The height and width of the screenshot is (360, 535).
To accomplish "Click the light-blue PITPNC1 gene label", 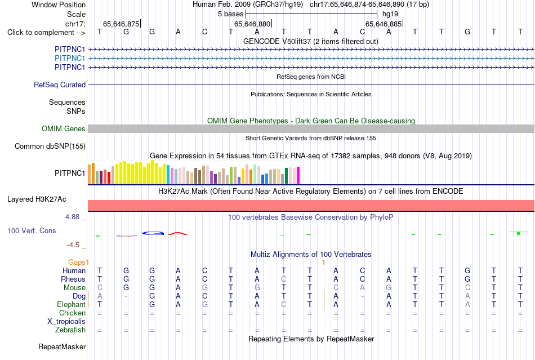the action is click(70, 59).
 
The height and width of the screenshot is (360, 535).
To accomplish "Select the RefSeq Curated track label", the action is click(60, 85).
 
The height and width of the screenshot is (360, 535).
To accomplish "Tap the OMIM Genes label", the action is click(64, 128).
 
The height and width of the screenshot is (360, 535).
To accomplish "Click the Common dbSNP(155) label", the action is click(50, 146).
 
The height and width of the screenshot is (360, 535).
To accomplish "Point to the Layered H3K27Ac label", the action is click(37, 199).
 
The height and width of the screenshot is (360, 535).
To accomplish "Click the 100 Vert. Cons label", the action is click(32, 230).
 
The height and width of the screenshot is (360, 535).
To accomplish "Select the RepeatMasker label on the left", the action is click(62, 346).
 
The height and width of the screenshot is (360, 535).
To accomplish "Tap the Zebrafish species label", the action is click(70, 330).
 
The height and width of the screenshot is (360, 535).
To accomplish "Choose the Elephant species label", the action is click(71, 304).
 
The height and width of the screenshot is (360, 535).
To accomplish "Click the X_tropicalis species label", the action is click(66, 322).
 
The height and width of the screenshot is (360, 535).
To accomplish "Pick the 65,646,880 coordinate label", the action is click(252, 24).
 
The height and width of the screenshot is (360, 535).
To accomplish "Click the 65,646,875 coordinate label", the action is click(121, 24).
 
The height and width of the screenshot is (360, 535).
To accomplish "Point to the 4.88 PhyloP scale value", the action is click(72, 217).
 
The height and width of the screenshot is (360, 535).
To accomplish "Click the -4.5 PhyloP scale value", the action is click(73, 245).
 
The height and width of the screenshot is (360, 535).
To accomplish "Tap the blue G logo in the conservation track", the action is click(153, 233).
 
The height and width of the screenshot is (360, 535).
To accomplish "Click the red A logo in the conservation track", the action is click(178, 233).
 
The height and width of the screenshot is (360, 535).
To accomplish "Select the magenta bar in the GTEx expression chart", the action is click(298, 175).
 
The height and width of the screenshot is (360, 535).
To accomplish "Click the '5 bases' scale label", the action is click(231, 14).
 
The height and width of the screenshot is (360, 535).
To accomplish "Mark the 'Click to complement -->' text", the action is click(46, 33).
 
